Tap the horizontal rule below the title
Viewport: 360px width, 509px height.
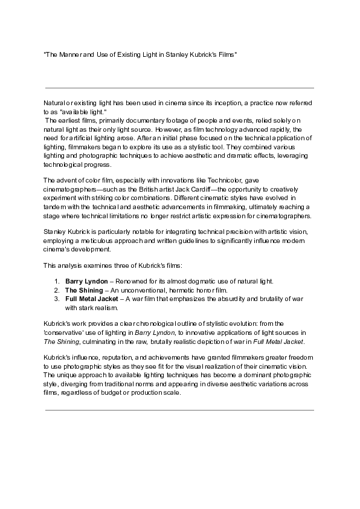[x=179, y=88]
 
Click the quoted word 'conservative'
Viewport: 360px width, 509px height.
[x=63, y=332]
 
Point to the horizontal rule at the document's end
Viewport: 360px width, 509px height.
[x=179, y=410]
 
